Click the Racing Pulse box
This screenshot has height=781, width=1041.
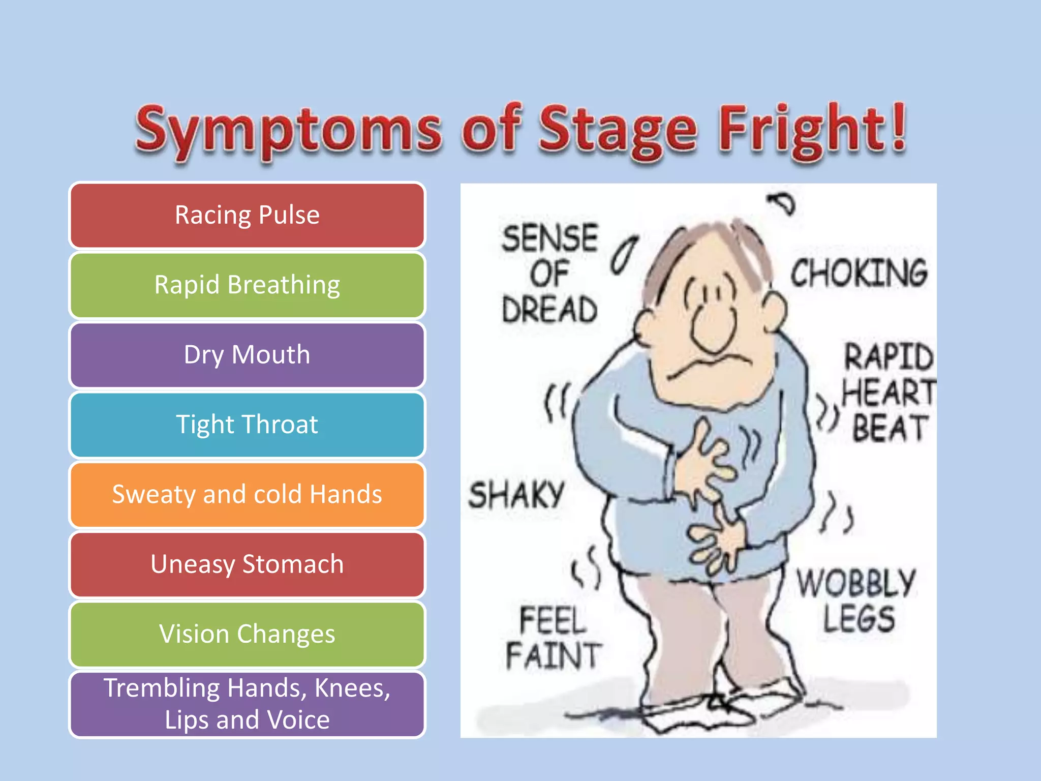(x=247, y=215)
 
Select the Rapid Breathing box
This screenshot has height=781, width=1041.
(x=247, y=285)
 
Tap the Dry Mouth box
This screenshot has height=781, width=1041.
(x=247, y=354)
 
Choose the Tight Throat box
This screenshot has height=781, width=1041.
(x=247, y=424)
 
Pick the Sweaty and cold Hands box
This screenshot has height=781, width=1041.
(x=247, y=494)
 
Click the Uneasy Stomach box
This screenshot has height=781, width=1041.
(x=247, y=564)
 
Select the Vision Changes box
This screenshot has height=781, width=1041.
(x=247, y=634)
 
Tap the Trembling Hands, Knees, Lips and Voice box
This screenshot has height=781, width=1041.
(x=247, y=704)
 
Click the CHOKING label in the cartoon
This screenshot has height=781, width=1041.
(x=859, y=273)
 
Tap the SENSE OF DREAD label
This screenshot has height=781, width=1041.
(x=549, y=274)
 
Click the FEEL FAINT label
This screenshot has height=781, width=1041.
(x=553, y=638)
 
